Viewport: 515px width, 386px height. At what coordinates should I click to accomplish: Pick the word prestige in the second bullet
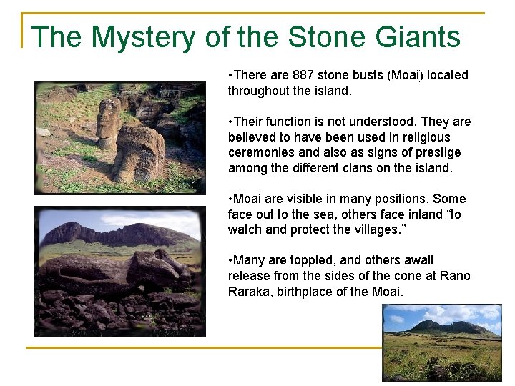437,152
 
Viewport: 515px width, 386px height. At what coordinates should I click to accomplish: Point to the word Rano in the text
456,276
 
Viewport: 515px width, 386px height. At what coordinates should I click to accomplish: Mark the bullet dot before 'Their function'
230,122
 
